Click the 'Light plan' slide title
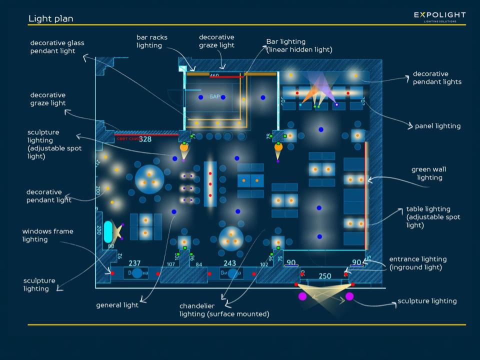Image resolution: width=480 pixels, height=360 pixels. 50,19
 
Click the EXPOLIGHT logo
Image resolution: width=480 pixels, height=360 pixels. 439,16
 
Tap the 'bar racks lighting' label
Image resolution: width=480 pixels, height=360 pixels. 152,41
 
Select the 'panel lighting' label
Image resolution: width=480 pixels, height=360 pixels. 437,126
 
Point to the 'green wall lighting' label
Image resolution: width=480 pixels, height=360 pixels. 429,173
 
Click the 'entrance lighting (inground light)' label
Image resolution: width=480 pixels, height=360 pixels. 417,263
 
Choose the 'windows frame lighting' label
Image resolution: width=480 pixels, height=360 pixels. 47,235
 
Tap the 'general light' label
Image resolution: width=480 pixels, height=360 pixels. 117,305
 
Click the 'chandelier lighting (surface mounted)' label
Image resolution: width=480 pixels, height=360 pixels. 224,310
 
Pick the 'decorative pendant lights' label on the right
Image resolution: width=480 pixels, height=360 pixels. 437,78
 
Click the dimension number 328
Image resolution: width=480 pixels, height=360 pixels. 145,139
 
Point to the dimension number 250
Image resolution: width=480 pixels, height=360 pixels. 325,276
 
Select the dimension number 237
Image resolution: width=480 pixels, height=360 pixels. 134,263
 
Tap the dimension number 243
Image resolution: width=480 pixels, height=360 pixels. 229,263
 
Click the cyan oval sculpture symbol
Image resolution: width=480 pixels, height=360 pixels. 108,231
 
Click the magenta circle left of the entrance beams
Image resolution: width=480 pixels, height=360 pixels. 302,296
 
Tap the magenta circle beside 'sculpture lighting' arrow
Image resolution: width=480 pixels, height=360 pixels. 349,296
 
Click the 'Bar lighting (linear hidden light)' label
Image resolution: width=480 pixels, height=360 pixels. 299,45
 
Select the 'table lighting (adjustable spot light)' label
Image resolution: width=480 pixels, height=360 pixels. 433,217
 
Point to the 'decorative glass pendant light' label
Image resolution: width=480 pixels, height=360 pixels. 57,47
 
